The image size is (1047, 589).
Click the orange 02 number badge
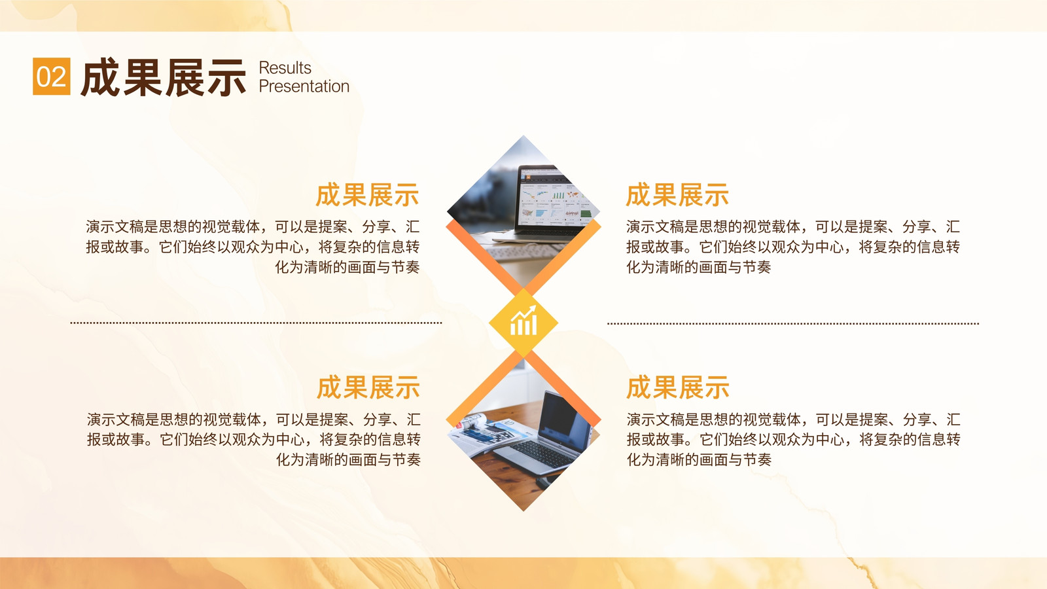tap(52, 76)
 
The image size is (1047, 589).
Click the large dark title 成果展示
tap(163, 78)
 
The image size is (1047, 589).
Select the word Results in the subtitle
tap(285, 68)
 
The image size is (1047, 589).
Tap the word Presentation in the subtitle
tap(304, 86)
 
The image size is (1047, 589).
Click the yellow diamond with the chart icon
tap(523, 323)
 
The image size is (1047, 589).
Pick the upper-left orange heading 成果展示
tap(367, 195)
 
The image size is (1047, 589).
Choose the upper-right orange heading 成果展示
tap(678, 195)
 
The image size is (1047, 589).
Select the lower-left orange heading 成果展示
tap(368, 387)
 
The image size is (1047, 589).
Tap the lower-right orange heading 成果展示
tap(678, 387)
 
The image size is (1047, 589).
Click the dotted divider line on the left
tap(256, 323)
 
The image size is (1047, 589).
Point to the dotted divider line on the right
tap(793, 323)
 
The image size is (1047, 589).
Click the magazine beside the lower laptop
tap(486, 433)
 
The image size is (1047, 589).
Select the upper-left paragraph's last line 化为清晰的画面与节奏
tap(347, 267)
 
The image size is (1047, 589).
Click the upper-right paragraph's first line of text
tap(793, 226)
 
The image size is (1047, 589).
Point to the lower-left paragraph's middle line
tap(254, 439)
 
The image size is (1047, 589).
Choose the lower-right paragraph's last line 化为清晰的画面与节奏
tap(700, 459)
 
